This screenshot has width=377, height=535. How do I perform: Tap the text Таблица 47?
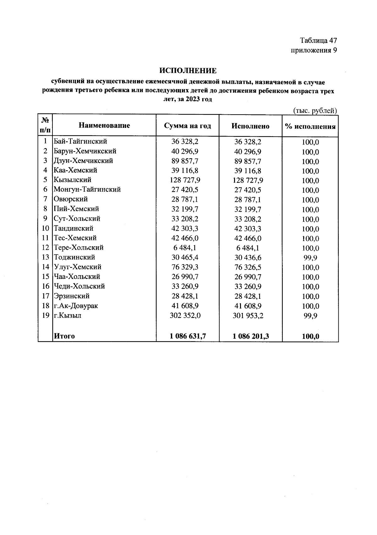[x=318, y=41]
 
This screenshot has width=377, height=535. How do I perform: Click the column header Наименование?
[x=104, y=126]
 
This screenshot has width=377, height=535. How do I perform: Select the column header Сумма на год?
[x=188, y=126]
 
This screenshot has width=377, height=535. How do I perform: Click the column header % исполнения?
[x=310, y=127]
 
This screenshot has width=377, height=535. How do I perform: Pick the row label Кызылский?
[x=73, y=180]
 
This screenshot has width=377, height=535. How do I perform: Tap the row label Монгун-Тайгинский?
[x=87, y=189]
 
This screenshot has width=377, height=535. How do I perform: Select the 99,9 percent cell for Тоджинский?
[x=310, y=258]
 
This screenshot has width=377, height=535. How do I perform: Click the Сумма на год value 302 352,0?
[x=185, y=315]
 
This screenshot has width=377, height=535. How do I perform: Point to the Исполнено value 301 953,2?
[x=248, y=316]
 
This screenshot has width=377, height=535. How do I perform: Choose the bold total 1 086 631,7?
[x=188, y=336]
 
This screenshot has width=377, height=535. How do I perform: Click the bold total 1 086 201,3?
[x=250, y=336]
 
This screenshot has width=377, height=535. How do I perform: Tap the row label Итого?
[x=64, y=336]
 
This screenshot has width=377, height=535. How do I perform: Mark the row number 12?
[x=46, y=248]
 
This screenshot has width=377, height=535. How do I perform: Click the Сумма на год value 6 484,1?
[x=185, y=248]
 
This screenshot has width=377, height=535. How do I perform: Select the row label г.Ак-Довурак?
[x=76, y=306]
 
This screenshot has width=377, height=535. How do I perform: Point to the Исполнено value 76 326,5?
[x=248, y=267]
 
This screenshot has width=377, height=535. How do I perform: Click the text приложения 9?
[x=314, y=51]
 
